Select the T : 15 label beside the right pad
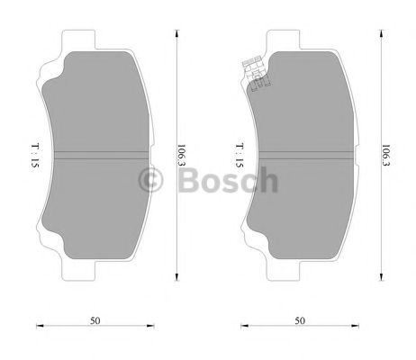point(238,157)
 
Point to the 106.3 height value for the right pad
point(386,157)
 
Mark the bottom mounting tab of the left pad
point(79,269)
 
